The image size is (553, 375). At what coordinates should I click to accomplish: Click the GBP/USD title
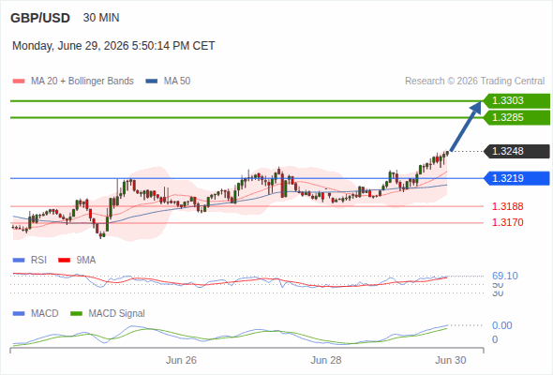click(40, 18)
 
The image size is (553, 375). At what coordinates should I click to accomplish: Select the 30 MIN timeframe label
click(101, 18)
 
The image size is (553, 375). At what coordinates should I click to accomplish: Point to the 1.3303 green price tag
click(516, 101)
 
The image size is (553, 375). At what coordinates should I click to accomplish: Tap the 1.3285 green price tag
click(516, 117)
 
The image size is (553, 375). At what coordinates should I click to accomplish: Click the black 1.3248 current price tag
click(516, 151)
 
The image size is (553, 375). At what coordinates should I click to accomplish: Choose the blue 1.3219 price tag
click(516, 178)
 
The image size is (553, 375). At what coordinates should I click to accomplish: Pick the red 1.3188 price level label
click(507, 206)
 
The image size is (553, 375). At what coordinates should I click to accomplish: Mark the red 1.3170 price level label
click(507, 222)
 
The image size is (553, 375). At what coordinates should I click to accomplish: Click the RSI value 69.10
click(505, 276)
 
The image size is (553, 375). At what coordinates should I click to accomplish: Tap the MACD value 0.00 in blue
click(501, 325)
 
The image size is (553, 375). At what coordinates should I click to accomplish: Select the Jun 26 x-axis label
click(181, 360)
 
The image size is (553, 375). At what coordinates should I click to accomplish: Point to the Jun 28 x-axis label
click(326, 360)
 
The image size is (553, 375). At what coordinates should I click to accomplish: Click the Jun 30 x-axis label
click(451, 360)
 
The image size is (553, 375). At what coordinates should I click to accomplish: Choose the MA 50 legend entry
click(168, 82)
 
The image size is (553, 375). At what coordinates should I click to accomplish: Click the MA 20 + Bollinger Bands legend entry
click(73, 82)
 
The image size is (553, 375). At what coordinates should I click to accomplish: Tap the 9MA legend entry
click(77, 260)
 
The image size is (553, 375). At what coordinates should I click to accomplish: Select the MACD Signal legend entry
click(108, 313)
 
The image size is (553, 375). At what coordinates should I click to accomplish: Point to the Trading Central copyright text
click(474, 82)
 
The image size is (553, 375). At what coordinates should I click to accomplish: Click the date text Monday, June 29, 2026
click(70, 46)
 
